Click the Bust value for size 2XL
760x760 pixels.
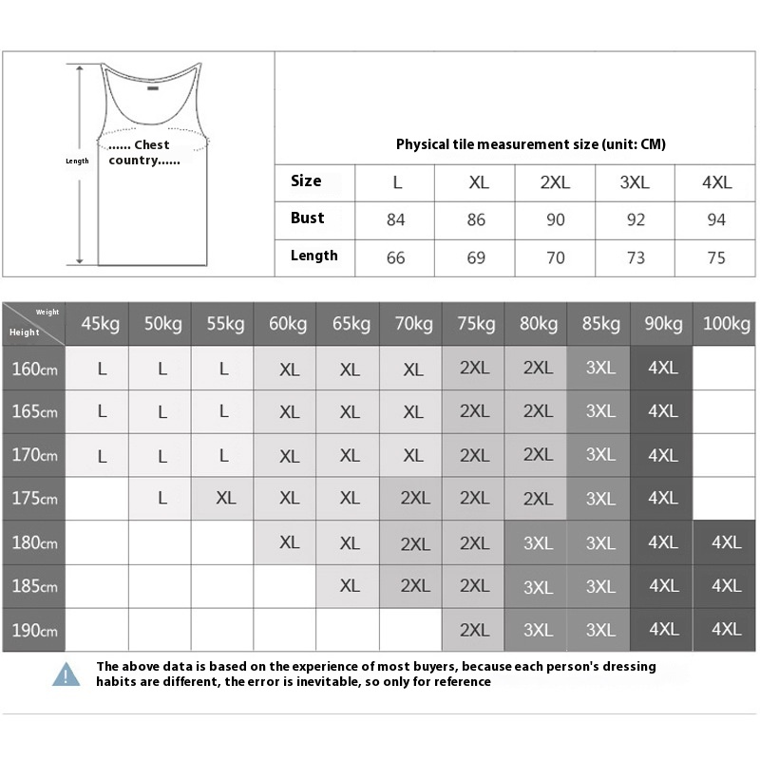pyautogui.click(x=556, y=219)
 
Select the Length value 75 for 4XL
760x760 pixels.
pyautogui.click(x=716, y=257)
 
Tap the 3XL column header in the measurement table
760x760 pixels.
pyautogui.click(x=636, y=182)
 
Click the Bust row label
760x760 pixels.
pyautogui.click(x=308, y=218)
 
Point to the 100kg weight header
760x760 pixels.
pyautogui.click(x=727, y=324)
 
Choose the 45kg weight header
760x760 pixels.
pyautogui.click(x=100, y=324)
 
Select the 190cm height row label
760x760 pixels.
pyautogui.click(x=34, y=630)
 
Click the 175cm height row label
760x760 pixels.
pyautogui.click(x=34, y=499)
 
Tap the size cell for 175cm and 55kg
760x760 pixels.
pyautogui.click(x=225, y=499)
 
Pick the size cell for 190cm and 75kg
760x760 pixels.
pyautogui.click(x=474, y=630)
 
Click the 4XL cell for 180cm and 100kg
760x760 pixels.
pyautogui.click(x=726, y=542)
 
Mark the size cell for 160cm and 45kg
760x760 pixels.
pyautogui.click(x=101, y=370)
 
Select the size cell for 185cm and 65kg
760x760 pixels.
pyautogui.click(x=350, y=586)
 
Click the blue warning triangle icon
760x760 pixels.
pyautogui.click(x=66, y=674)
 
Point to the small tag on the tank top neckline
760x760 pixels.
pyautogui.click(x=152, y=92)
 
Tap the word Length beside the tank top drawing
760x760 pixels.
pyautogui.click(x=77, y=161)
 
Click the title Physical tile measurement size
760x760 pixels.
pyautogui.click(x=530, y=144)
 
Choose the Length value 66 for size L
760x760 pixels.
pyautogui.click(x=396, y=257)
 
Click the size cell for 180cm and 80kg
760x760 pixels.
pyautogui.click(x=538, y=542)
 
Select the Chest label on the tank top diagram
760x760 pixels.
pyautogui.click(x=150, y=145)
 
